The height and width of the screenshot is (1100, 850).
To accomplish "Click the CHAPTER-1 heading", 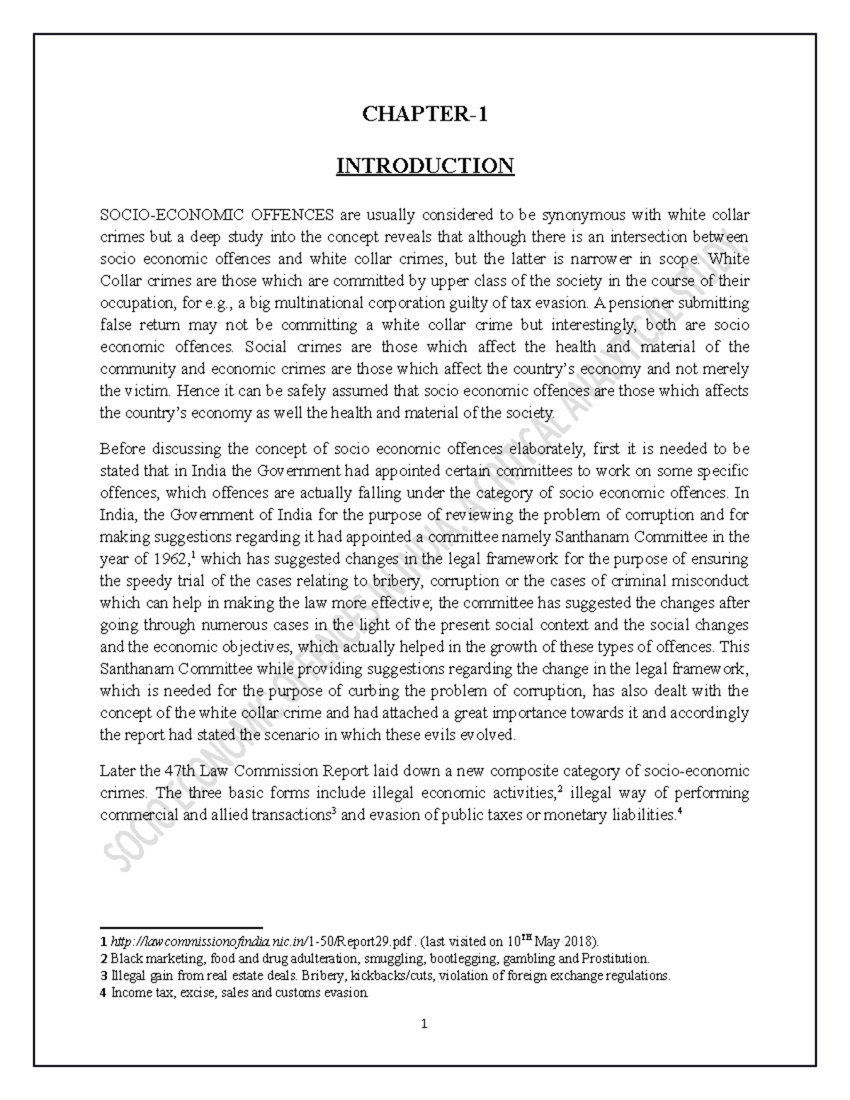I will point(425,114).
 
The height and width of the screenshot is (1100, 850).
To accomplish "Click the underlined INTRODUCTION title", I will point(425,166).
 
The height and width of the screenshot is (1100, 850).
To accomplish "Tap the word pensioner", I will point(642,303).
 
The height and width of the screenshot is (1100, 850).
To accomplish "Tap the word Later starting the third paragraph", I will point(117,771).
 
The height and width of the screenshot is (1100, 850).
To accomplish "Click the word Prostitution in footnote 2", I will point(614,959).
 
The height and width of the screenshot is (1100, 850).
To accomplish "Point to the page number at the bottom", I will point(424,1024).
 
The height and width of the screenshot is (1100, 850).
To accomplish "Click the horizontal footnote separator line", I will point(181,926).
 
